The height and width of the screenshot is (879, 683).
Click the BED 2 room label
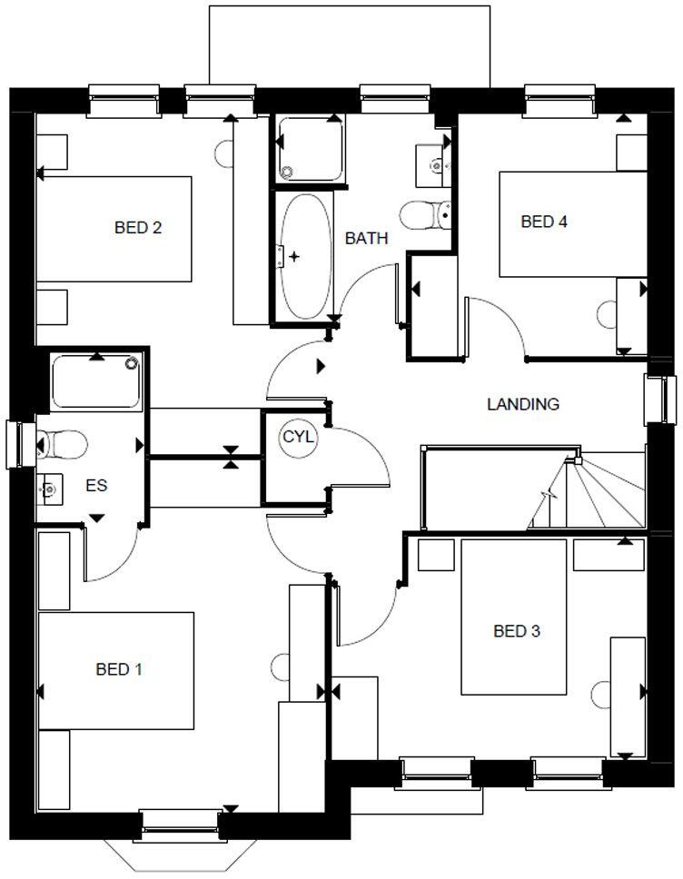138,227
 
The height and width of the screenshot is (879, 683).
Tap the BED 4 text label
544,221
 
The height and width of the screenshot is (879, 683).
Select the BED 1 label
119,669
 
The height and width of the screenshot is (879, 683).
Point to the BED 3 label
517,631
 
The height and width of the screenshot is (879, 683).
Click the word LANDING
523,404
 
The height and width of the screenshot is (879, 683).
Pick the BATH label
366,239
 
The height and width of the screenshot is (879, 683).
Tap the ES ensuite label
96,486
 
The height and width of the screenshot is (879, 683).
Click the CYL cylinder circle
298,437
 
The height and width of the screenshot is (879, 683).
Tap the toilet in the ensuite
62,445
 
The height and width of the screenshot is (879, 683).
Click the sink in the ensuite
50,489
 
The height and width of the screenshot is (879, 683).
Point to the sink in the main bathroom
435,163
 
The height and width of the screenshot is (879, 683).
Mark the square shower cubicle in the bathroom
310,150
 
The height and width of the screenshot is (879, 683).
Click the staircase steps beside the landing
586,495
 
